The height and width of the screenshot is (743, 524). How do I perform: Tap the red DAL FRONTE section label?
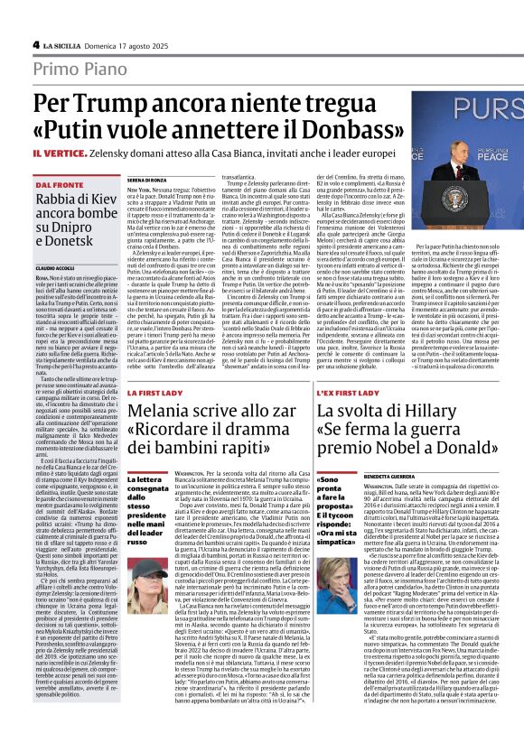coord(59,184)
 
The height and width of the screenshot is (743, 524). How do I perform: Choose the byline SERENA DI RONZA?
coord(150,180)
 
